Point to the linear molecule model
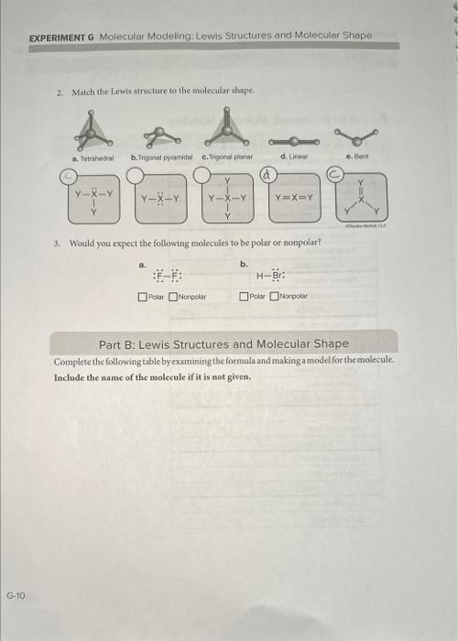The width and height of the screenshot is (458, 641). [x=290, y=142]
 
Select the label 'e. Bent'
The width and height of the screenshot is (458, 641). [x=363, y=158]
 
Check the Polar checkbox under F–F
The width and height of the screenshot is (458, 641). [x=142, y=297]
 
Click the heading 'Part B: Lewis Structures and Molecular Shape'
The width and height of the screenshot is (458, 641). [x=224, y=343]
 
